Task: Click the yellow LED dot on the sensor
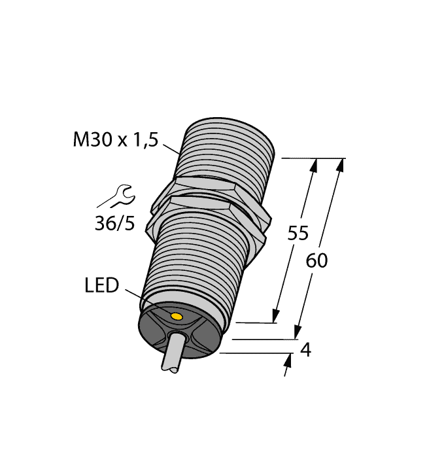[x=176, y=317]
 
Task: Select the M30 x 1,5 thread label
[x=115, y=139]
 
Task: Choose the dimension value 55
[x=298, y=234]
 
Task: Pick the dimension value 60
[x=316, y=260]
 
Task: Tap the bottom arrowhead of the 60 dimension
[x=298, y=334]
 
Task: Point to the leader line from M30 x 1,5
[x=171, y=147]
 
